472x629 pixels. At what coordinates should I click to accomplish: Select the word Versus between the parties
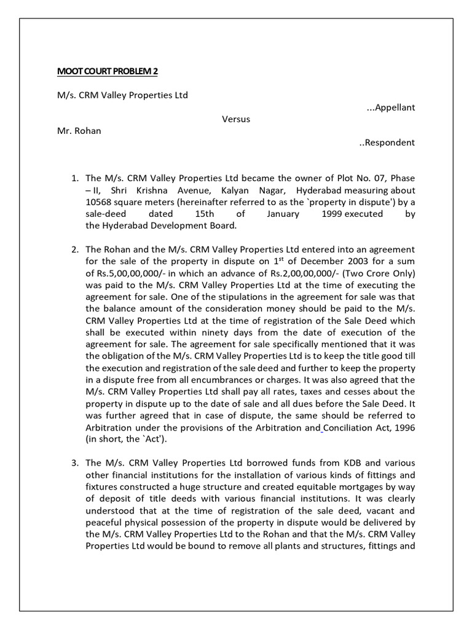pyautogui.click(x=236, y=119)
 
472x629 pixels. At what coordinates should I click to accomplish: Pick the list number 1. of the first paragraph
pyautogui.click(x=75, y=178)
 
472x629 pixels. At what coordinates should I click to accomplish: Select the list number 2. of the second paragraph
pyautogui.click(x=75, y=249)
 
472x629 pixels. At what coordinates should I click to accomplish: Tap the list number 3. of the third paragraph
pyautogui.click(x=75, y=463)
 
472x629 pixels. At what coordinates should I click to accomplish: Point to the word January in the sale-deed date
pyautogui.click(x=284, y=214)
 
